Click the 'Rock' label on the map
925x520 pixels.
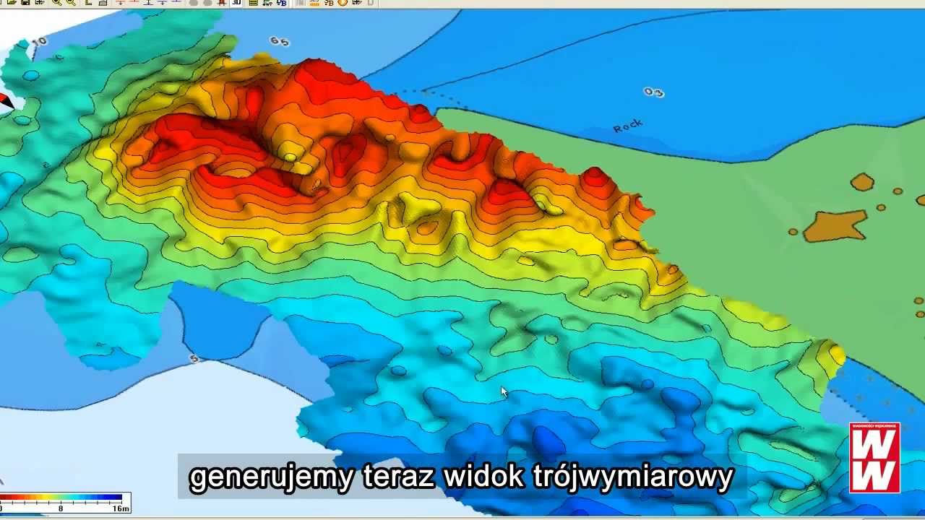627,126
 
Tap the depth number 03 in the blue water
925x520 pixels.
653,92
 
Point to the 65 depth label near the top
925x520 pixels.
279,41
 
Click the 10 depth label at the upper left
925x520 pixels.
39,41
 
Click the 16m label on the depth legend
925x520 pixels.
121,508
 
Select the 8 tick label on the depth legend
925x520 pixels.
61,508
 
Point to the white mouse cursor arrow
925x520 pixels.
504,391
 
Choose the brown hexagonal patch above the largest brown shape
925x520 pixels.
862,182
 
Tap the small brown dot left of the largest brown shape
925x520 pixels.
793,232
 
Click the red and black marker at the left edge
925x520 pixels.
5,101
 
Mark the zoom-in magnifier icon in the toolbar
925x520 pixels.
56,2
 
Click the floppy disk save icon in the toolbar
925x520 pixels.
25,2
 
